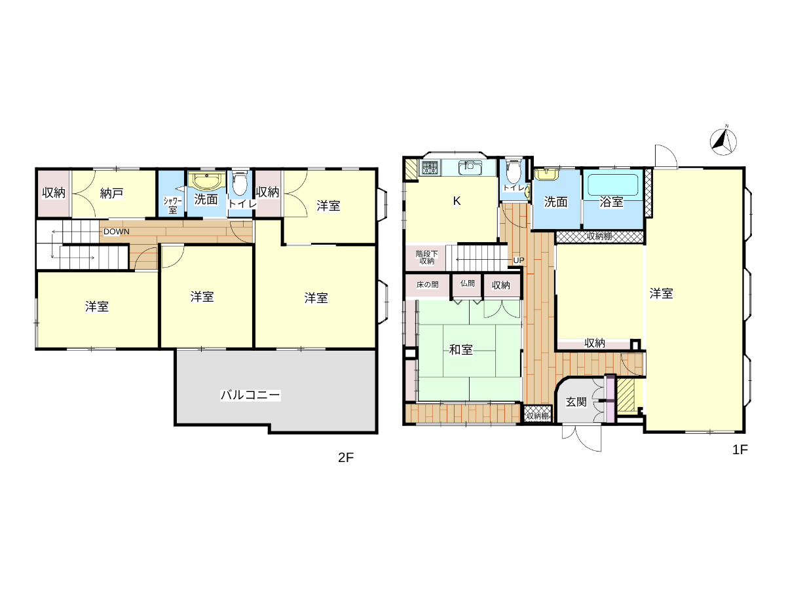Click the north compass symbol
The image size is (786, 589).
(x=723, y=141)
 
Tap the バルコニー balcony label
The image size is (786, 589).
(x=250, y=395)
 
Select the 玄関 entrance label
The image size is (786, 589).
(x=576, y=402)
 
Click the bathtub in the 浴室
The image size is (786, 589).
(x=613, y=185)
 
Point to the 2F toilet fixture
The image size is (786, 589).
(x=240, y=183)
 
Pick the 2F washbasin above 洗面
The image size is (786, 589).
(x=206, y=181)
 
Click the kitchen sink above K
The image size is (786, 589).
(x=470, y=167)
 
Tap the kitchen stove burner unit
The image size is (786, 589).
(x=430, y=168)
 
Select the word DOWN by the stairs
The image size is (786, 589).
(x=117, y=232)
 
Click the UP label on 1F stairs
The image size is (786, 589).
(x=519, y=260)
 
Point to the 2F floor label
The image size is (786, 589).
(x=346, y=457)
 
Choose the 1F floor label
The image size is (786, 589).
(x=739, y=450)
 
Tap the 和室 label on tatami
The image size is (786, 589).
(x=461, y=349)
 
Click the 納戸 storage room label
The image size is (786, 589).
(x=111, y=194)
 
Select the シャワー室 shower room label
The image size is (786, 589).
(x=173, y=205)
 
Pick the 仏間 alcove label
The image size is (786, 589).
(x=467, y=283)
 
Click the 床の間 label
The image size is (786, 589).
(x=427, y=285)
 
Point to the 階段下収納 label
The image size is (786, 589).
(x=426, y=257)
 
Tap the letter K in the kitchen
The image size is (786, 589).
(x=457, y=201)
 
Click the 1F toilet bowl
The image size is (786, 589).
(x=514, y=173)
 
